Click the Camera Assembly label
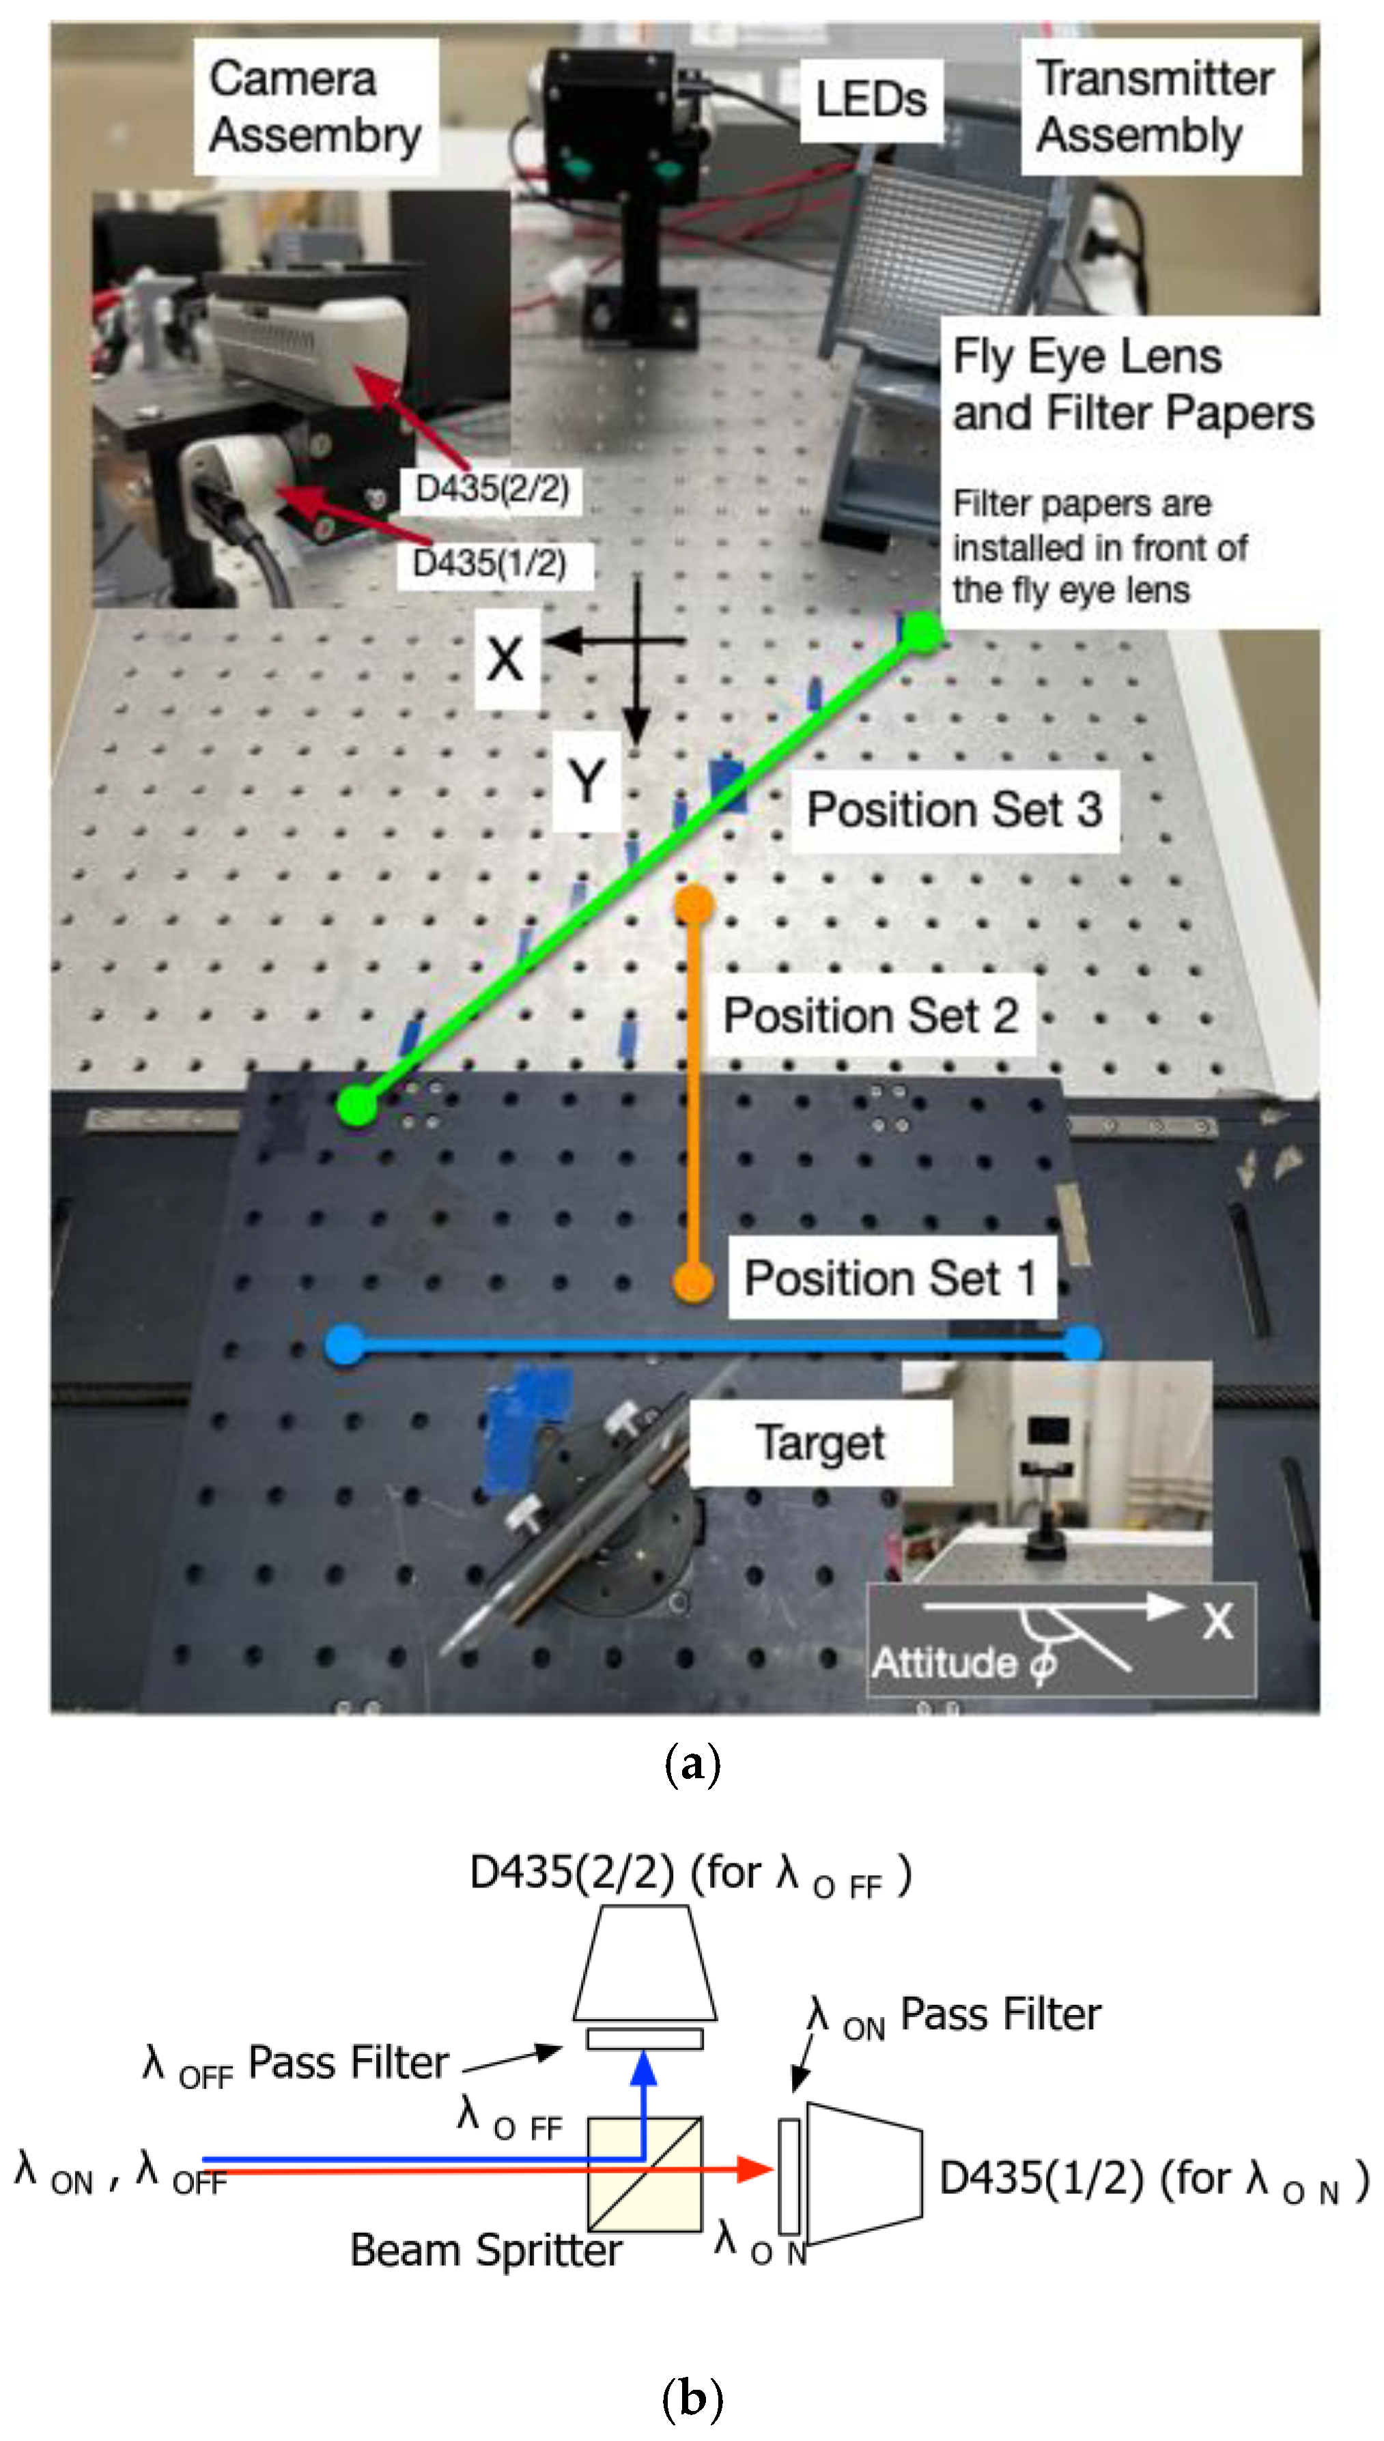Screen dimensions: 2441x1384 [x=315, y=106]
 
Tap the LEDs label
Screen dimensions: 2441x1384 [x=870, y=100]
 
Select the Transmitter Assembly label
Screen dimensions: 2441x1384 [x=1158, y=106]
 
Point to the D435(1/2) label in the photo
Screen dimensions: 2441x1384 [x=490, y=563]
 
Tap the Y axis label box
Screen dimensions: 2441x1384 [x=587, y=783]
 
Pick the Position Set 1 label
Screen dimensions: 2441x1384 [x=890, y=1277]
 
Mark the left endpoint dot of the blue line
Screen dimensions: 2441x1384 [x=344, y=1345]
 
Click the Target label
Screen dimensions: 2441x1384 [x=819, y=1442]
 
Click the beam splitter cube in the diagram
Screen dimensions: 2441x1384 [x=645, y=2173]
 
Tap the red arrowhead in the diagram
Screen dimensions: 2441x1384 [x=756, y=2169]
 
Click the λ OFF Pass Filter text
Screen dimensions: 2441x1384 [x=295, y=2064]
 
